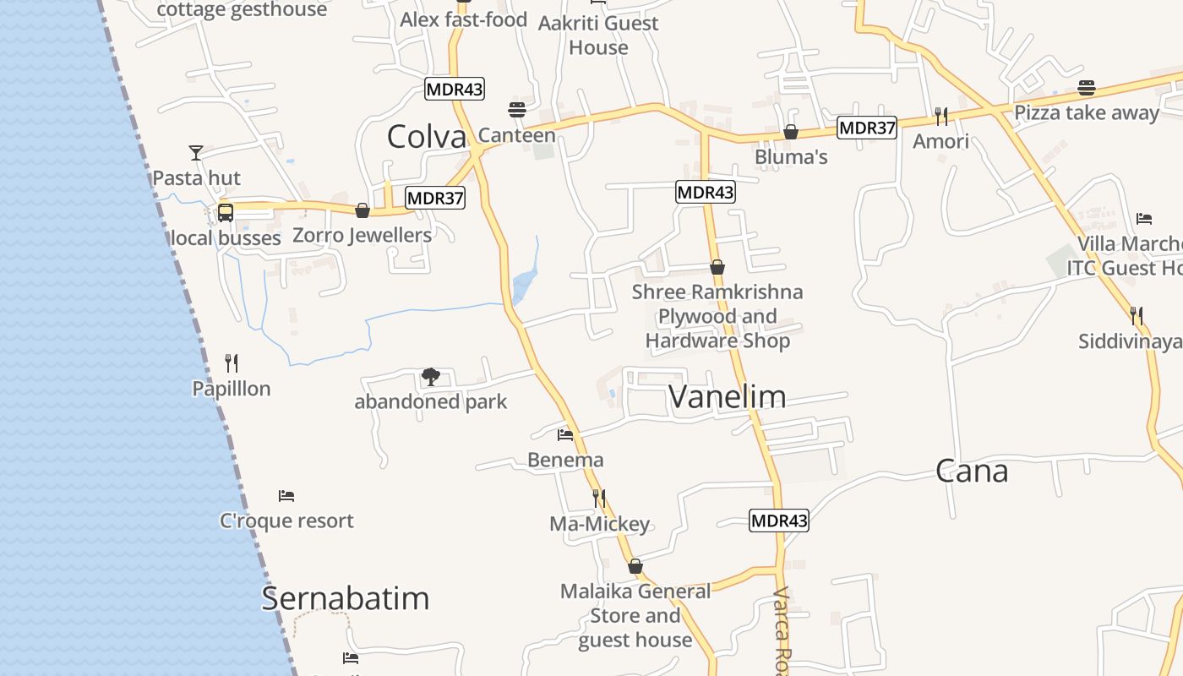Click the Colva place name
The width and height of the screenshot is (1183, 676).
[x=426, y=137]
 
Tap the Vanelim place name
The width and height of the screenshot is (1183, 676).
[x=727, y=396]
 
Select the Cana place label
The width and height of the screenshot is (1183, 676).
[x=971, y=472]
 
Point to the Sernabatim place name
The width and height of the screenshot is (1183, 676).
[x=345, y=598]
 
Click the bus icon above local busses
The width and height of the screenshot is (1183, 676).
[x=226, y=212]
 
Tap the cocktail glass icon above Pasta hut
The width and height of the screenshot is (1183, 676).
[x=196, y=153]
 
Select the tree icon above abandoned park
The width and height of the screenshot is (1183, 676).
[x=430, y=376]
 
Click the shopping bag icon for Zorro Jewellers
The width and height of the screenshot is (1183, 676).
[x=363, y=210]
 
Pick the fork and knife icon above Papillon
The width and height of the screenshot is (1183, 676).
[x=232, y=363]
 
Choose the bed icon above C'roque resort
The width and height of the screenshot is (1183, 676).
[x=286, y=495]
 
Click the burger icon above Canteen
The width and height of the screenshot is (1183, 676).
[x=517, y=110]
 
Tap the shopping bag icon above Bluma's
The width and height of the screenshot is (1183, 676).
[x=791, y=132]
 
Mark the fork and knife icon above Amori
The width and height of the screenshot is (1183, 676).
[x=940, y=116]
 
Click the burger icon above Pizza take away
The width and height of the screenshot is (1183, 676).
[x=1087, y=88]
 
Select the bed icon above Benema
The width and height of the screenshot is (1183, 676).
[x=565, y=435]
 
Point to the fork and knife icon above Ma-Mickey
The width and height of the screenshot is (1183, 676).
[x=599, y=499]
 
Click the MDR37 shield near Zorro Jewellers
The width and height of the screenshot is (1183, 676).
[x=435, y=198]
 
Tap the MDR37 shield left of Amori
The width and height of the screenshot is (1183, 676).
[x=867, y=128]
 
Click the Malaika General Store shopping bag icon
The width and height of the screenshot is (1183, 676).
[x=635, y=566]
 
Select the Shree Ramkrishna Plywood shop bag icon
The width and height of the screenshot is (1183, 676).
[x=717, y=268]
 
